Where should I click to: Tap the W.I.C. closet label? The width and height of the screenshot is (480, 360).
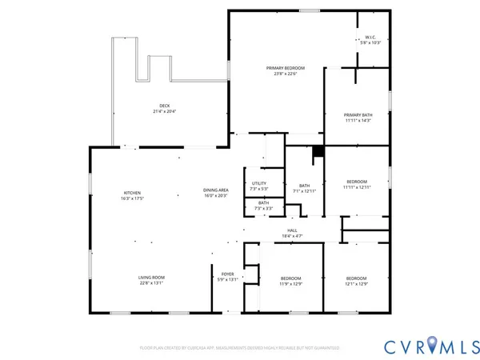(370, 37)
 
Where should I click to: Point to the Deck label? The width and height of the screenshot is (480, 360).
(164, 106)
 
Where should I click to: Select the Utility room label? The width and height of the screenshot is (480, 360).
(258, 183)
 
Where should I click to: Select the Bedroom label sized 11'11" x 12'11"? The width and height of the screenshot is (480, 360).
(356, 182)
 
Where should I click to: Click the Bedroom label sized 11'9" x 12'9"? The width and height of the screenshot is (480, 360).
(290, 278)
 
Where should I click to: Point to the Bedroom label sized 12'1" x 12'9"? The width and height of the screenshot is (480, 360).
(356, 278)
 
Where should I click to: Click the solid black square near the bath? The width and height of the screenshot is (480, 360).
(318, 150)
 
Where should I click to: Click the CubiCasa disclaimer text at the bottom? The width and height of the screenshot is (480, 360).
(240, 348)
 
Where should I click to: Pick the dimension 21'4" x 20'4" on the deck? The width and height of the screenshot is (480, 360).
(164, 111)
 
